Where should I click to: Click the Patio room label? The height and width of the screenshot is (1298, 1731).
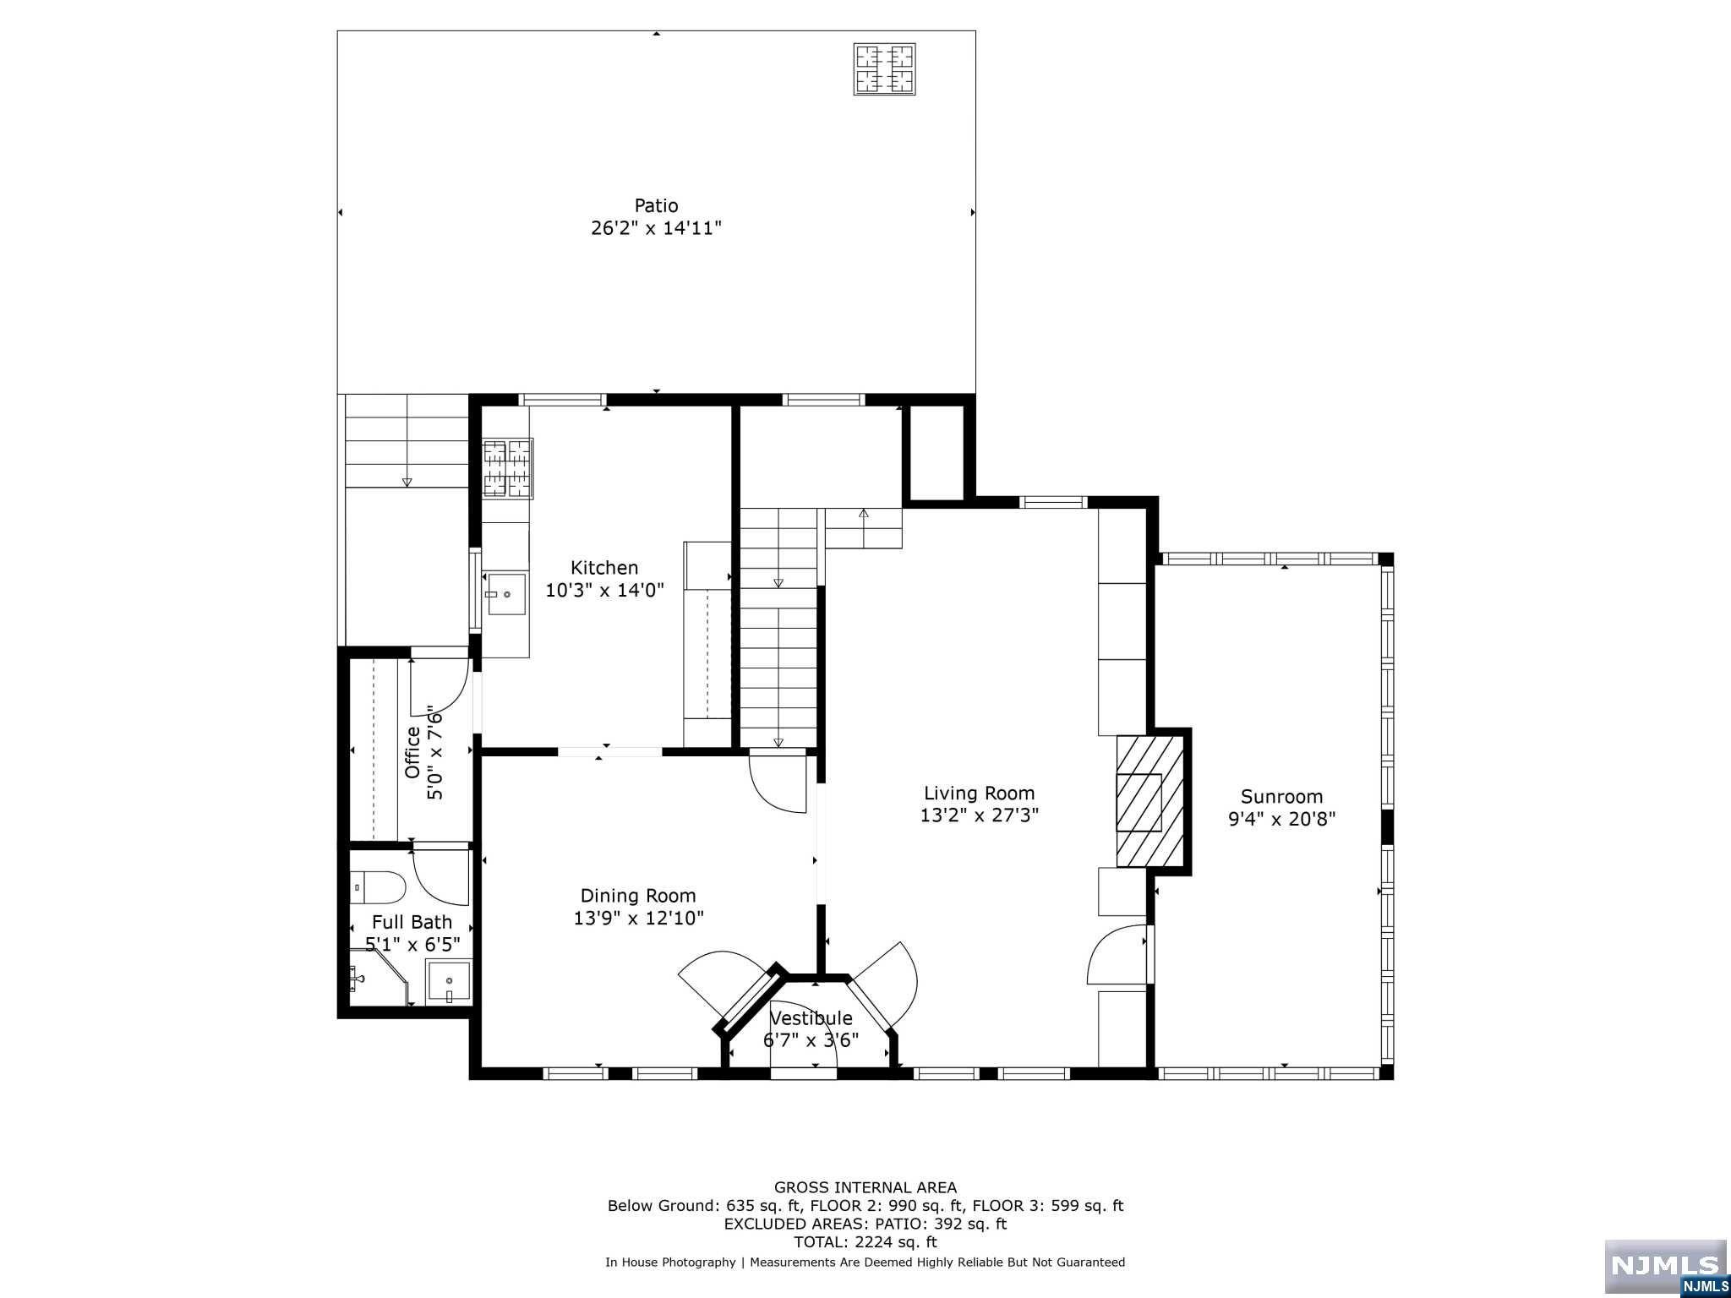656,205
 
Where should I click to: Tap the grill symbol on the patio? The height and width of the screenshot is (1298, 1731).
885,69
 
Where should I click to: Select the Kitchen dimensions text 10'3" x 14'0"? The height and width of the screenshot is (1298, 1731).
604,590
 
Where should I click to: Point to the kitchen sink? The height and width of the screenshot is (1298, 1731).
505,594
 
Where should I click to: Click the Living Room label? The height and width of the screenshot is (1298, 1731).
979,794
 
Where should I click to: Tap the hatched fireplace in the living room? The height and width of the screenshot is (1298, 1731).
1149,800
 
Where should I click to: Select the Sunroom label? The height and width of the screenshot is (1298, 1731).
1281,797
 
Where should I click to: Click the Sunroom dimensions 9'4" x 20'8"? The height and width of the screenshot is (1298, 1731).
1281,819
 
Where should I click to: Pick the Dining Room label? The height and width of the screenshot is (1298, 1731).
638,896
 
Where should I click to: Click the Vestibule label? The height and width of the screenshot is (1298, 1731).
811,1018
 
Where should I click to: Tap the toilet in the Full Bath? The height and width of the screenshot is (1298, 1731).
378,887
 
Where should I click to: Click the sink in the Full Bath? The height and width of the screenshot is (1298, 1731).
448,980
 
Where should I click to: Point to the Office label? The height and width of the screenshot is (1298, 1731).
412,752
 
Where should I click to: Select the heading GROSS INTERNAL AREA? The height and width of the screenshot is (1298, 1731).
865,1187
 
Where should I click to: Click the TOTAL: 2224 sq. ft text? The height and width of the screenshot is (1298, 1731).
865,1242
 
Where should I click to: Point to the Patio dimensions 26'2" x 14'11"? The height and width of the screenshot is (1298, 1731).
656,228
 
